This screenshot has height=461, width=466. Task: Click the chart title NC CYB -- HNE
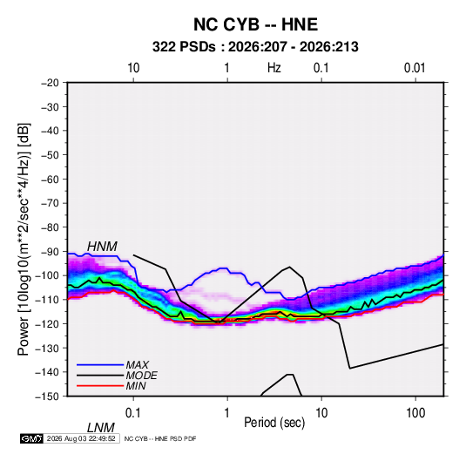click(x=255, y=24)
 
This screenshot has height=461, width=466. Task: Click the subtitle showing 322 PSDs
click(x=255, y=47)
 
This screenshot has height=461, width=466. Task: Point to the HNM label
click(x=102, y=247)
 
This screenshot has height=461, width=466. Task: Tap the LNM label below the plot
click(x=101, y=428)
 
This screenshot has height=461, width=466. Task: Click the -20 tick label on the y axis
click(x=50, y=83)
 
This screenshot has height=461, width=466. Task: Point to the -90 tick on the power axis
click(x=50, y=252)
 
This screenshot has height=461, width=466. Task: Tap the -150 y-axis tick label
click(x=48, y=397)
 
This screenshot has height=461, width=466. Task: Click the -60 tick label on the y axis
click(x=50, y=179)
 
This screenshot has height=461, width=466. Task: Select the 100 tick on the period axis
click(x=415, y=413)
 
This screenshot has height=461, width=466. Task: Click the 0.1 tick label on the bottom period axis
click(x=132, y=413)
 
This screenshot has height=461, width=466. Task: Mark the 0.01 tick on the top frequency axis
click(x=415, y=68)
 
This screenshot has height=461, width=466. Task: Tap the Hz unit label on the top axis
click(x=274, y=68)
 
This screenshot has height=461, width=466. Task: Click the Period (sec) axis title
click(x=274, y=423)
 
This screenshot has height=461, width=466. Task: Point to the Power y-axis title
click(x=24, y=239)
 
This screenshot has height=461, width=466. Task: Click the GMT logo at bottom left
click(x=31, y=438)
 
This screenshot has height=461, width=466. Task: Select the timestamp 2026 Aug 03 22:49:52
click(x=81, y=438)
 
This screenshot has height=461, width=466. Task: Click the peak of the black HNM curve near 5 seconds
click(x=290, y=267)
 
